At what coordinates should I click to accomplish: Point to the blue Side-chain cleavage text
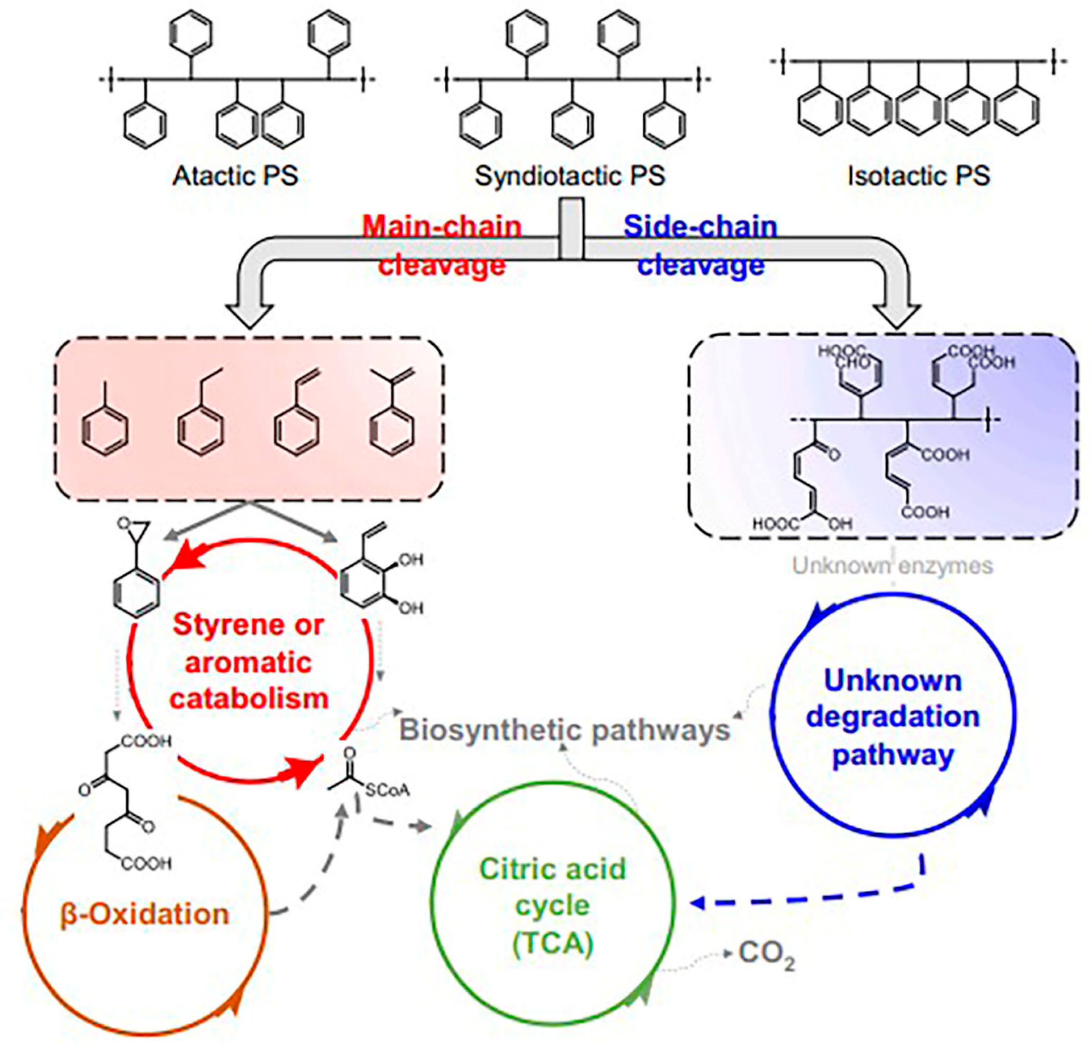(x=700, y=245)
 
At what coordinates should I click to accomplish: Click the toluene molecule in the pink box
(x=105, y=426)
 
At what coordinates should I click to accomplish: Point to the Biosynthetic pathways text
(x=565, y=730)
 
